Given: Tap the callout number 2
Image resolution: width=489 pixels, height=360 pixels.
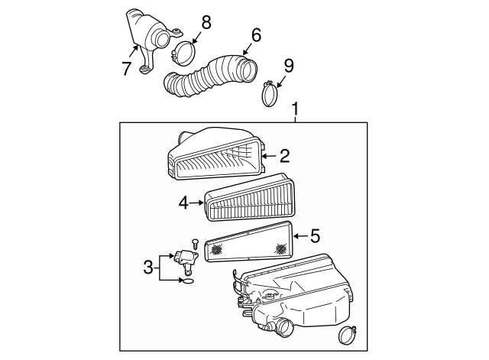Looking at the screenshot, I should point(284,157).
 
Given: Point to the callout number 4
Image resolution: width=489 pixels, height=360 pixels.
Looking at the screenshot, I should point(183,203).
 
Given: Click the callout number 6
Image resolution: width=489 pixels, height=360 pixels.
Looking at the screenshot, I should point(256,34).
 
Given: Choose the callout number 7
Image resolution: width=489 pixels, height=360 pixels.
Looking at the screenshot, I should point(127,69).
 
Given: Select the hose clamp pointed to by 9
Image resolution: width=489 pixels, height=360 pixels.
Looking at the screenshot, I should point(271,96).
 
